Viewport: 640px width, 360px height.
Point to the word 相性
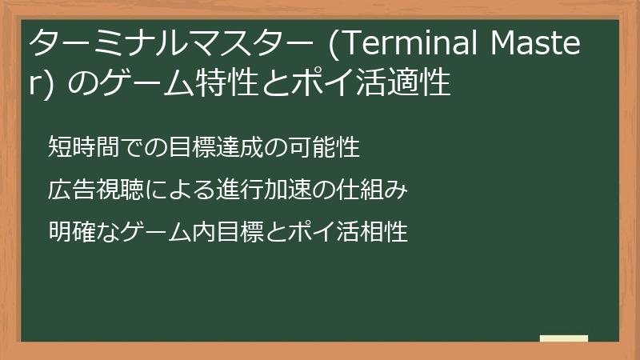pyautogui.click(x=384, y=233)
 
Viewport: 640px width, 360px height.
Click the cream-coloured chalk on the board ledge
pyautogui.click(x=563, y=338)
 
